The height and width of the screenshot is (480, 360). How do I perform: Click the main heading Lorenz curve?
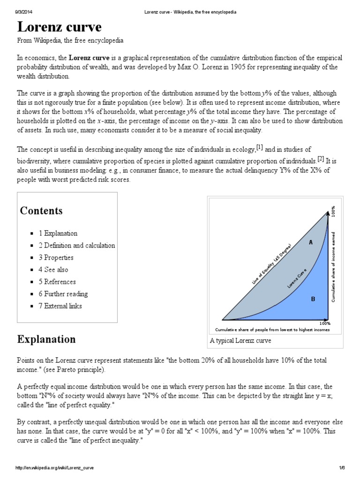(60, 26)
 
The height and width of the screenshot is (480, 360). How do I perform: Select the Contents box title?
(41, 210)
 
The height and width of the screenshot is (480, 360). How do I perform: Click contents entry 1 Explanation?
(58, 233)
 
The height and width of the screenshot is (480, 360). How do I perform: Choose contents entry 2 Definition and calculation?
(77, 245)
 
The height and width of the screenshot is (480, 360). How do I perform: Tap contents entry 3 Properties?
(56, 257)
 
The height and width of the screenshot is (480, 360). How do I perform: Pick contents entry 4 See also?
(53, 270)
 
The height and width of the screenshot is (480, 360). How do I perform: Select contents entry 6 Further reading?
(63, 294)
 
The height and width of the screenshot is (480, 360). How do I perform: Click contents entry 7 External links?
(60, 306)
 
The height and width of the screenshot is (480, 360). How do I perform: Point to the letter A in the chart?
(310, 242)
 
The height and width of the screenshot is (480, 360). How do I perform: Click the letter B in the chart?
(313, 298)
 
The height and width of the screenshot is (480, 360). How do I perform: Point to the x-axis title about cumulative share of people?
(272, 330)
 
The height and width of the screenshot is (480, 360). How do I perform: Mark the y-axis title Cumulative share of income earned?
(333, 266)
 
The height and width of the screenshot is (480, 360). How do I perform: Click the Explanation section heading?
(46, 339)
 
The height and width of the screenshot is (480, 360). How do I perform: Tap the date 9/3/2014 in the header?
(23, 12)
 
